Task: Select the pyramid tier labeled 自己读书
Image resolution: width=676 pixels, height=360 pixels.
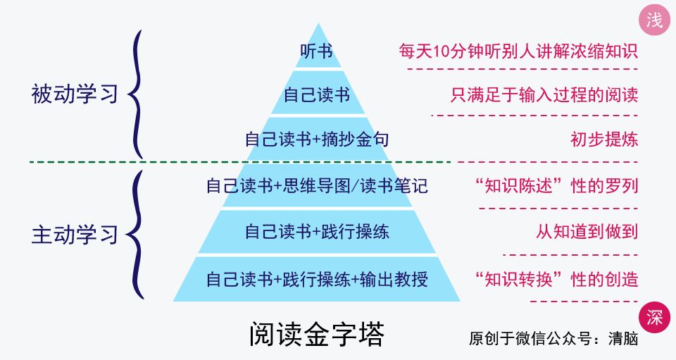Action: click(x=316, y=94)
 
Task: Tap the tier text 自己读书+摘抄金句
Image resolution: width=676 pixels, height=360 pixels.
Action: click(x=316, y=139)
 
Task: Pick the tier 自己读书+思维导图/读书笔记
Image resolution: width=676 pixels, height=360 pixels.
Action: click(x=316, y=186)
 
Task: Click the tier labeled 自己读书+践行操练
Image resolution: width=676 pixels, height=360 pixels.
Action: click(x=316, y=231)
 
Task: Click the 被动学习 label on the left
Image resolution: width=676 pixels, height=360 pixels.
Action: click(x=75, y=94)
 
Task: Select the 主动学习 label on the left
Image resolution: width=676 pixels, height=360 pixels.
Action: click(x=75, y=235)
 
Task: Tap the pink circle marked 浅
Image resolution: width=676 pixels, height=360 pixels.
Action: click(x=654, y=20)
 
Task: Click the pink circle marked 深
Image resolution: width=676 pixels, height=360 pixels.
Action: click(x=654, y=317)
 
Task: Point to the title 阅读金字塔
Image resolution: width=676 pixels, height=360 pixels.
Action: click(x=316, y=335)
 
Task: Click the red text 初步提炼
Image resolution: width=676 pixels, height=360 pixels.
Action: click(x=603, y=139)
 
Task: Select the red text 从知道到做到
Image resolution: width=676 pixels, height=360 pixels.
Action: click(x=587, y=231)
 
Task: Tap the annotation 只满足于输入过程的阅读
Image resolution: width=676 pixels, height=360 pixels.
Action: click(x=544, y=94)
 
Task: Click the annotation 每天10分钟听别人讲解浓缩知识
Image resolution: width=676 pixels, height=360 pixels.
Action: click(x=518, y=51)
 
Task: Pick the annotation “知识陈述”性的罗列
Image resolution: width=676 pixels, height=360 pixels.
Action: click(x=556, y=186)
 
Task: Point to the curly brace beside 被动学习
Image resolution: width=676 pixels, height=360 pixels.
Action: click(x=138, y=94)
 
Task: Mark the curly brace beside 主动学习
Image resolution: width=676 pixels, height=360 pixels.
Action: click(x=138, y=235)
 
